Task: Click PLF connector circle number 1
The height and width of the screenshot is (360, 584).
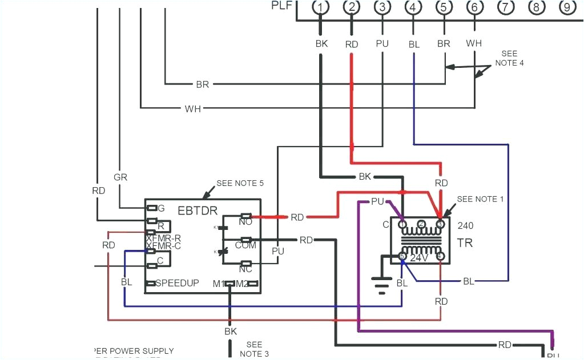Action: point(321,7)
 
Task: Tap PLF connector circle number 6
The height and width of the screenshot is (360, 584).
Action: point(474,7)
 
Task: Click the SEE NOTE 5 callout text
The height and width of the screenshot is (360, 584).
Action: point(240,184)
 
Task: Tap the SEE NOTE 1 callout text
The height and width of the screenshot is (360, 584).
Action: point(480,199)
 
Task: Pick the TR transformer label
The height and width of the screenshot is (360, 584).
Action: point(464,243)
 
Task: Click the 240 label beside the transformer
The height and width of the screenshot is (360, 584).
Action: point(465,225)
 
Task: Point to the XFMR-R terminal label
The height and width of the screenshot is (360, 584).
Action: point(163,238)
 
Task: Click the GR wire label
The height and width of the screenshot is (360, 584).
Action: point(120,177)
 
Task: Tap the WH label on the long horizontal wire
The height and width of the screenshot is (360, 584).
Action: point(192,108)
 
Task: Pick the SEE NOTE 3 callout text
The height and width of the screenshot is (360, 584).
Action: point(254,349)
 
